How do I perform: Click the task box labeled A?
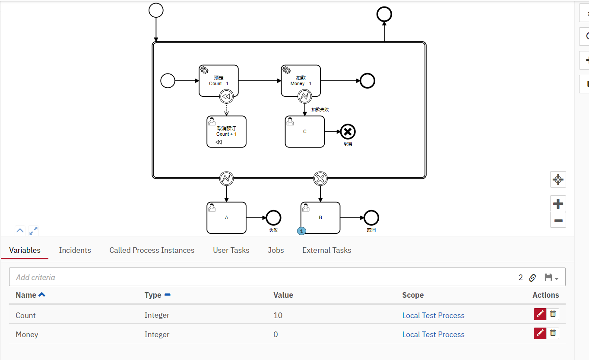pyautogui.click(x=226, y=218)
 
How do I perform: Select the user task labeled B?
pyautogui.click(x=320, y=218)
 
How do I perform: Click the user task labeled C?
pyautogui.click(x=304, y=131)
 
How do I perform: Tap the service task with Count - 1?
pyautogui.click(x=218, y=80)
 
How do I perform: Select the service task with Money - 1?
pyautogui.click(x=301, y=80)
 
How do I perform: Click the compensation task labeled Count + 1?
pyautogui.click(x=226, y=131)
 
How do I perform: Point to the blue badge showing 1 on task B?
pyautogui.click(x=301, y=231)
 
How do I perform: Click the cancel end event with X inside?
pyautogui.click(x=348, y=131)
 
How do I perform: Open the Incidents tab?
pyautogui.click(x=75, y=250)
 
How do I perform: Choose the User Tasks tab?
pyautogui.click(x=231, y=250)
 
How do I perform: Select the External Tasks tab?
pyautogui.click(x=326, y=250)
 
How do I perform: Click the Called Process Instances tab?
pyautogui.click(x=152, y=250)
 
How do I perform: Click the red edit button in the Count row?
pyautogui.click(x=540, y=314)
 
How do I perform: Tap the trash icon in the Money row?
pyautogui.click(x=553, y=333)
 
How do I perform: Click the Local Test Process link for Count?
pyautogui.click(x=433, y=315)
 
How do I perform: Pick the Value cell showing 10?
pyautogui.click(x=278, y=315)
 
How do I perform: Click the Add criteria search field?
pyautogui.click(x=259, y=277)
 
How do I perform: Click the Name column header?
pyautogui.click(x=26, y=295)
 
